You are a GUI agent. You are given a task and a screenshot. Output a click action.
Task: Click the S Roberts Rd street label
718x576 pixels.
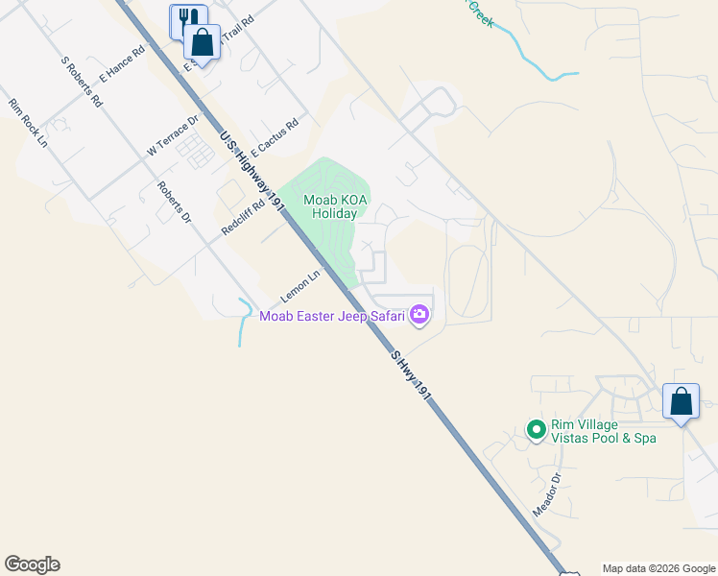pyautogui.click(x=81, y=81)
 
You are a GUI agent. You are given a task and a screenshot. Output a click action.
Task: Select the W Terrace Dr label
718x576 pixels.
pyautogui.click(x=172, y=136)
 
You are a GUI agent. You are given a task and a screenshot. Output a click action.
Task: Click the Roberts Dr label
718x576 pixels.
pyautogui.click(x=176, y=203)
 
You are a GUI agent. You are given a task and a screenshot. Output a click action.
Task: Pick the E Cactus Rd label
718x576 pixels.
pyautogui.click(x=275, y=137)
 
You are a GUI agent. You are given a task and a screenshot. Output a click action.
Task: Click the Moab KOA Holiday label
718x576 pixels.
pyautogui.click(x=330, y=206)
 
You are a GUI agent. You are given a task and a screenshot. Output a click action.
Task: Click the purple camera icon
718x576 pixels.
pyautogui.click(x=419, y=314)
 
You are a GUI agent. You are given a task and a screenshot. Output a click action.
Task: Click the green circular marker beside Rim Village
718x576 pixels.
pyautogui.click(x=537, y=428)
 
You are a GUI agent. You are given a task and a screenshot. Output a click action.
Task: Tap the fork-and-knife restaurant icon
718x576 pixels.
pyautogui.click(x=188, y=19)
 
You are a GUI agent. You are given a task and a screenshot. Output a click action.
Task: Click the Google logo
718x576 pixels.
pyautogui.click(x=32, y=564)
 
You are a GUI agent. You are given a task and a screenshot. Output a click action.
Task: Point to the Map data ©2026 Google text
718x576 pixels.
pyautogui.click(x=658, y=568)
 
